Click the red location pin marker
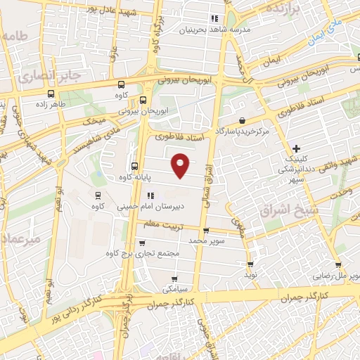pos(181,165)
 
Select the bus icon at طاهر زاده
pos(51,94)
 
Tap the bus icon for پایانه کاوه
pos(134,166)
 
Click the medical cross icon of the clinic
pos(297,148)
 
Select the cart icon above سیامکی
pos(174,279)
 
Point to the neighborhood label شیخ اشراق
pos(289,210)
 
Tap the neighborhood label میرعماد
pos(21,238)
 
